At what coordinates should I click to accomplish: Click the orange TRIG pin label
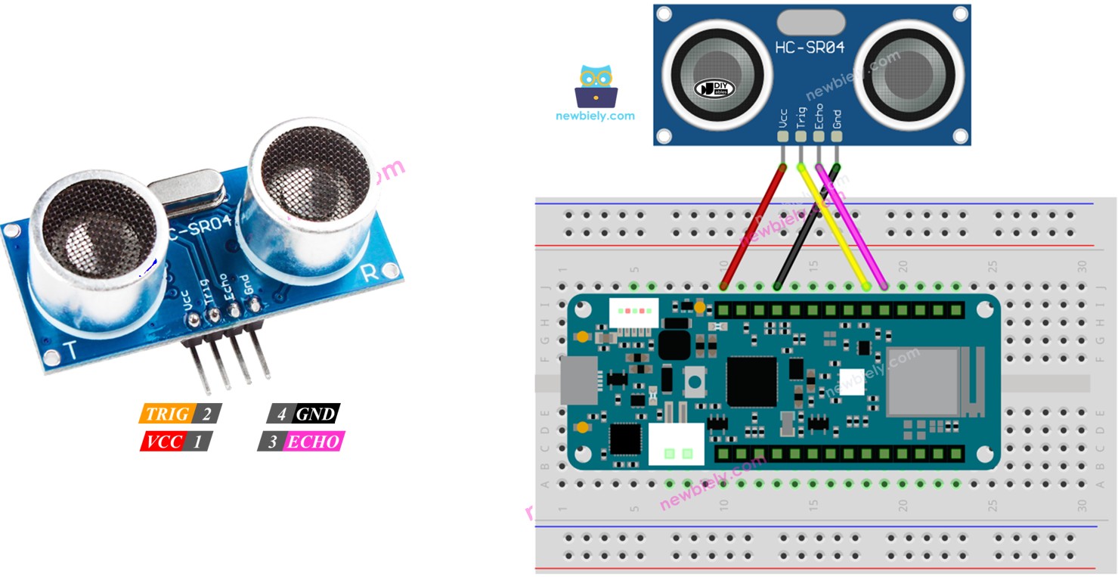pos(168,414)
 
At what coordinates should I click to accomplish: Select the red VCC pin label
pos(164,441)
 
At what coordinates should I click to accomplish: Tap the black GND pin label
pos(315,414)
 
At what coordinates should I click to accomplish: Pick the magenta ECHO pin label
pos(313,442)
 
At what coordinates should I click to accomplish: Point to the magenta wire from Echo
pos(850,227)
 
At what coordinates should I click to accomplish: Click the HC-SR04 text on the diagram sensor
pos(809,47)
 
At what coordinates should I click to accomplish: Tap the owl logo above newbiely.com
pos(596,85)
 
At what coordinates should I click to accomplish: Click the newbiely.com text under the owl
pos(595,116)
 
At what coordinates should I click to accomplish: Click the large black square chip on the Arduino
pos(751,381)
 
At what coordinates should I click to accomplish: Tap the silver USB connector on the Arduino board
pos(578,380)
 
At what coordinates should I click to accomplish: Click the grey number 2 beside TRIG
pos(207,414)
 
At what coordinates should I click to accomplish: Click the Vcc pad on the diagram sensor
pos(782,137)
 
